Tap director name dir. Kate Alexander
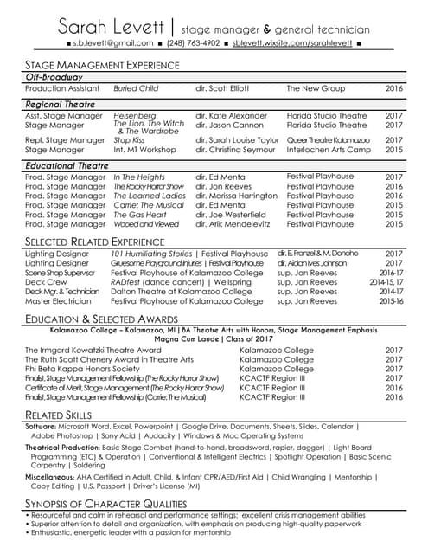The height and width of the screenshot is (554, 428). click(232, 115)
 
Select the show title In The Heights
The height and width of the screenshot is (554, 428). click(139, 177)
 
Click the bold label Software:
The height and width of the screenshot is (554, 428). click(41, 427)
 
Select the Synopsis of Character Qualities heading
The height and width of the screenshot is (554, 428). click(106, 504)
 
